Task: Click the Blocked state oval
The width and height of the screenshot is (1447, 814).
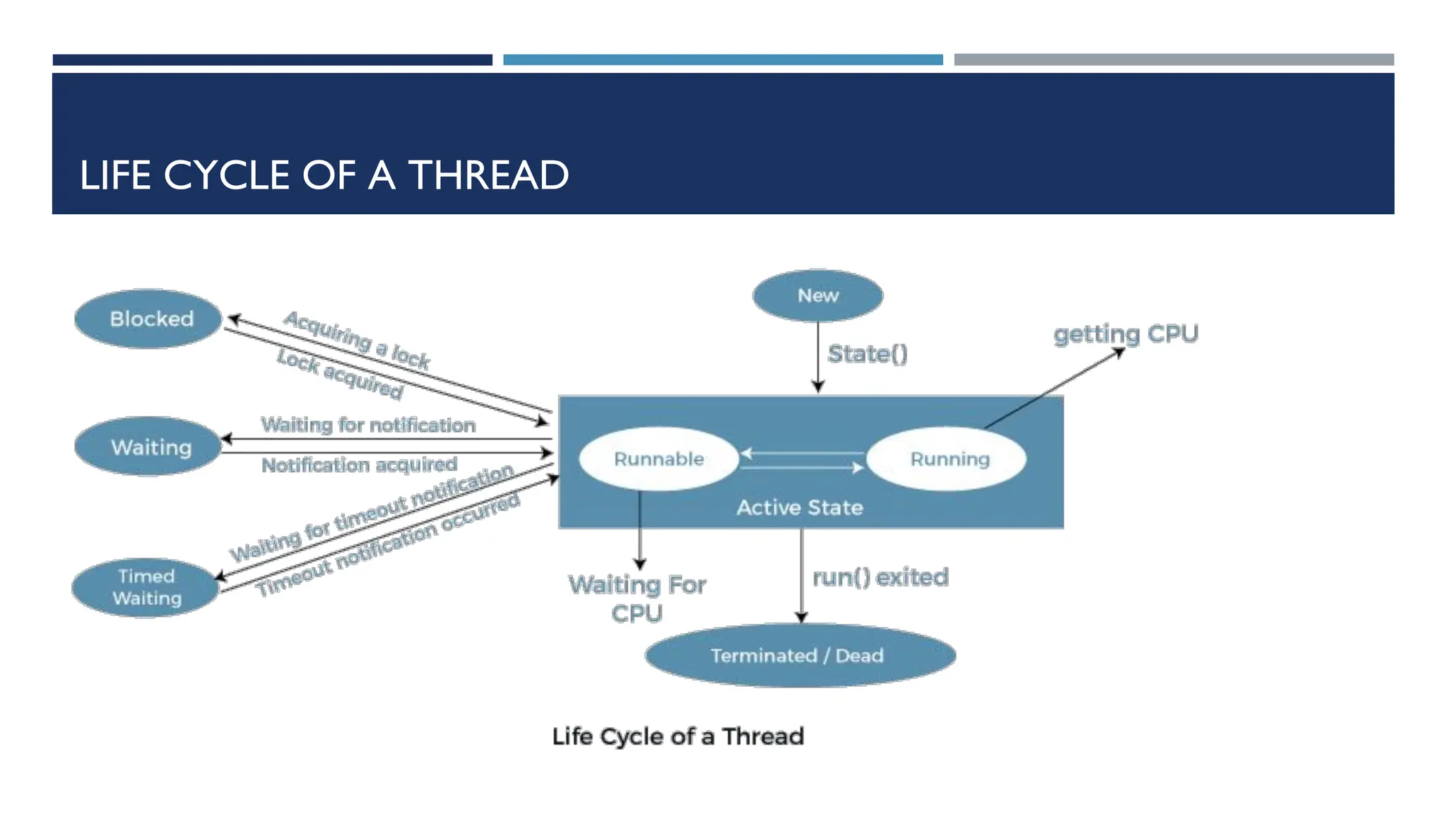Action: tap(150, 319)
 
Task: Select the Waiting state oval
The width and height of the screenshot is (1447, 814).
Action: tap(150, 447)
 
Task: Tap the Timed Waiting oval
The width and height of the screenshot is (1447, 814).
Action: tap(146, 587)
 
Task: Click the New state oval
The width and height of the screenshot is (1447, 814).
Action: tap(817, 295)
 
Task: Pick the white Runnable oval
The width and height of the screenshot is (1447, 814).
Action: tap(658, 459)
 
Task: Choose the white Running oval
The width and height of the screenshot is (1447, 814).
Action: tap(948, 459)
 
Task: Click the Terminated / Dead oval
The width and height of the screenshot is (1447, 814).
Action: tap(798, 655)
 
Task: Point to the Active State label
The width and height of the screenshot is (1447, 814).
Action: tap(799, 507)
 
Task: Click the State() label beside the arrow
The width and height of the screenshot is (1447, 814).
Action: tap(867, 354)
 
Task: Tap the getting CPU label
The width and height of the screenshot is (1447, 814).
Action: tap(1126, 334)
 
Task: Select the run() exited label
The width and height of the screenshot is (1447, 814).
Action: tap(880, 577)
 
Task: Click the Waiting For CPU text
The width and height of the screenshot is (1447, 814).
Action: tap(637, 598)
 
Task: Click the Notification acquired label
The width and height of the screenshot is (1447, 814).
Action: tap(359, 465)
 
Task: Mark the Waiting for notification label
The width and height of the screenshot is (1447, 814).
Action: tap(367, 425)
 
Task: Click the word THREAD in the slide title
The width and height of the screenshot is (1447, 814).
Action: tap(488, 175)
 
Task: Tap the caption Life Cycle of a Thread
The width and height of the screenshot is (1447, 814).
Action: tap(678, 736)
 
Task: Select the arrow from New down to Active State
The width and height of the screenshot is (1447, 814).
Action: tap(817, 358)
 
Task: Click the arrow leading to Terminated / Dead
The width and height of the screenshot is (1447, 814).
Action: tap(801, 575)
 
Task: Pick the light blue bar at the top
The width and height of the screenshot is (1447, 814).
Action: tap(722, 60)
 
